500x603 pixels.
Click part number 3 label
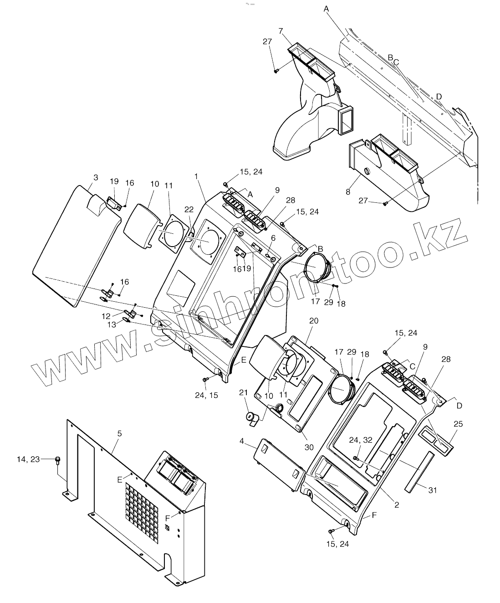click(x=95, y=177)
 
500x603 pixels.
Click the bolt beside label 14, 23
click(x=58, y=460)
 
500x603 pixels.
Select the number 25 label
click(x=458, y=424)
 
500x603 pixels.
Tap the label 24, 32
click(x=361, y=440)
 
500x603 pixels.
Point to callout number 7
click(x=281, y=31)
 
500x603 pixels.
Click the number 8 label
click(x=348, y=192)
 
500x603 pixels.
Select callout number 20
click(x=313, y=320)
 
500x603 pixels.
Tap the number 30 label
click(x=309, y=447)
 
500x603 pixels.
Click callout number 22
click(x=189, y=208)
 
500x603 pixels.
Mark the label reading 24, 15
click(x=207, y=395)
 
